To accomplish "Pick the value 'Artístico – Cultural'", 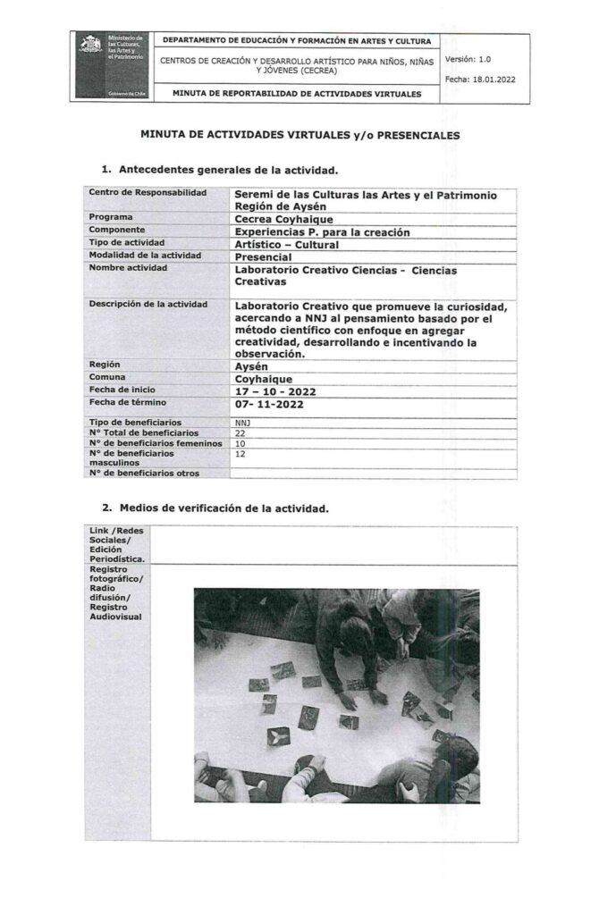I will coord(289,242).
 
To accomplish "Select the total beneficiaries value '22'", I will coord(240,432).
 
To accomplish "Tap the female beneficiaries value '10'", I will coord(240,443).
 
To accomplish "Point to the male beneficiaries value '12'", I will coord(240,454).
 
